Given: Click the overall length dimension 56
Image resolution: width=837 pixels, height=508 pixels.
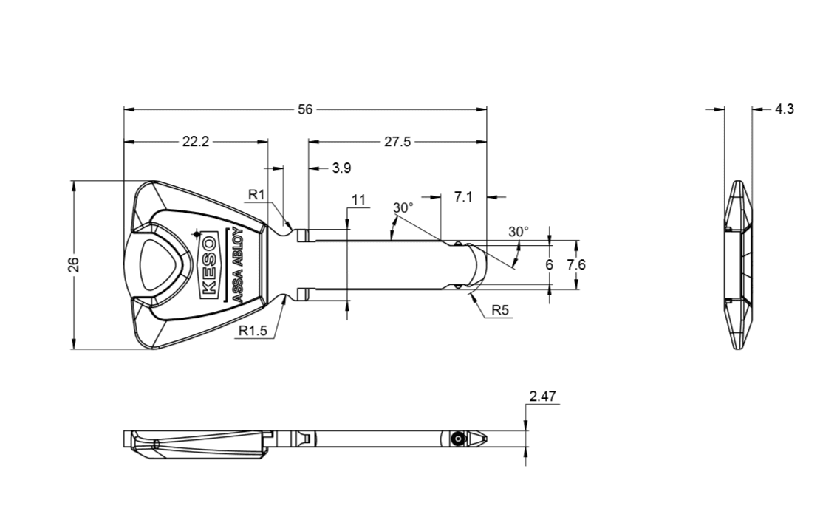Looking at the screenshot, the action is [x=305, y=109].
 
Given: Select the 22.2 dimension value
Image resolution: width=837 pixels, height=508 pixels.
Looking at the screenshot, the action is [x=196, y=142].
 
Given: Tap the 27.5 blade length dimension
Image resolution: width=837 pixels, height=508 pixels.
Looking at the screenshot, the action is [x=397, y=142].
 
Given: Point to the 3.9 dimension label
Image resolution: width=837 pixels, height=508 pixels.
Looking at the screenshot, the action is [x=341, y=168].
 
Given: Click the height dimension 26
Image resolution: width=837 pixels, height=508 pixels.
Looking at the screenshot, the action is [x=74, y=264].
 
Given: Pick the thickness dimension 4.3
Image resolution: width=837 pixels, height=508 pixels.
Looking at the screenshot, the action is [x=784, y=109].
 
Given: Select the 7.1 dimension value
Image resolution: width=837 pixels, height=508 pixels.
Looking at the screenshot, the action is [x=463, y=197].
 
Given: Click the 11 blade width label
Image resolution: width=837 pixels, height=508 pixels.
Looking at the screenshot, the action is [x=359, y=200].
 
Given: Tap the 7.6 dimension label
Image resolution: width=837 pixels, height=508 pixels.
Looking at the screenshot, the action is [x=576, y=264].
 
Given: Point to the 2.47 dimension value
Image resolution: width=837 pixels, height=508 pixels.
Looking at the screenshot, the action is [x=542, y=397].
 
